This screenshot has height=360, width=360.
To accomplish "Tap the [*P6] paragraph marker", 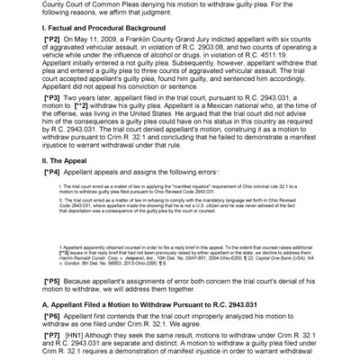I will (52, 318).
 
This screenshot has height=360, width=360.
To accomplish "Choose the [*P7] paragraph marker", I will (52, 336).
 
